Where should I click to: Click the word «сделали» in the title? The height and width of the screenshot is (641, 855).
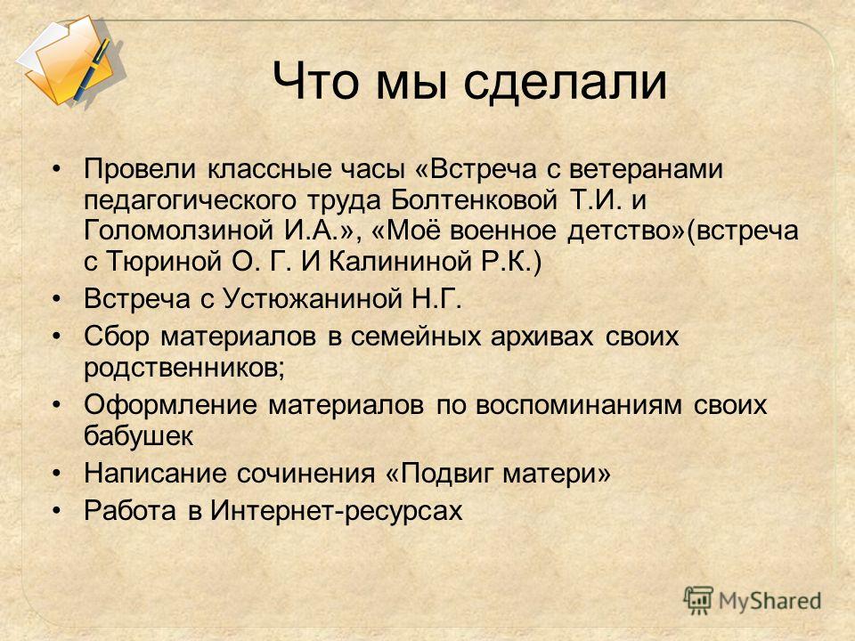pos(566,83)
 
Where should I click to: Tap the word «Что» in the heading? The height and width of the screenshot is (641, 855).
pos(316,82)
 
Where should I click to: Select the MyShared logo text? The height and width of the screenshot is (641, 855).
pos(769,601)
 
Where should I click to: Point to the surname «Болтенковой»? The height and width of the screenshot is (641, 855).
pos(474,199)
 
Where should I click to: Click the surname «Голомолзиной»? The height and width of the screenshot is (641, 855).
pos(178,231)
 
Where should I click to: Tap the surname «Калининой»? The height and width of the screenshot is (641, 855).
pos(400,262)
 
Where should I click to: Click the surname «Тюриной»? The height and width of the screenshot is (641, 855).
pos(163,262)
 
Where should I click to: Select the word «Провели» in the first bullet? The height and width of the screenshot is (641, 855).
pos(139,169)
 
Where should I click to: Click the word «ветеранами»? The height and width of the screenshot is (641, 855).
pos(646,169)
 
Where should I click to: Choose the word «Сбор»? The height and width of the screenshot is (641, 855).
pos(116,337)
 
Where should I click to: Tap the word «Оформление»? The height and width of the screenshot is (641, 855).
pos(170,405)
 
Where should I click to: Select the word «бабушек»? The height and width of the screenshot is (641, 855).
pos(139,435)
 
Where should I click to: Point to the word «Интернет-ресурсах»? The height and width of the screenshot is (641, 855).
pos(337,511)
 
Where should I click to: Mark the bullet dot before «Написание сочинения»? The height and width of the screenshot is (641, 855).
pos(55,473)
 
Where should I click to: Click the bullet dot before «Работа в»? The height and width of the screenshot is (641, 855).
pos(55,511)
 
